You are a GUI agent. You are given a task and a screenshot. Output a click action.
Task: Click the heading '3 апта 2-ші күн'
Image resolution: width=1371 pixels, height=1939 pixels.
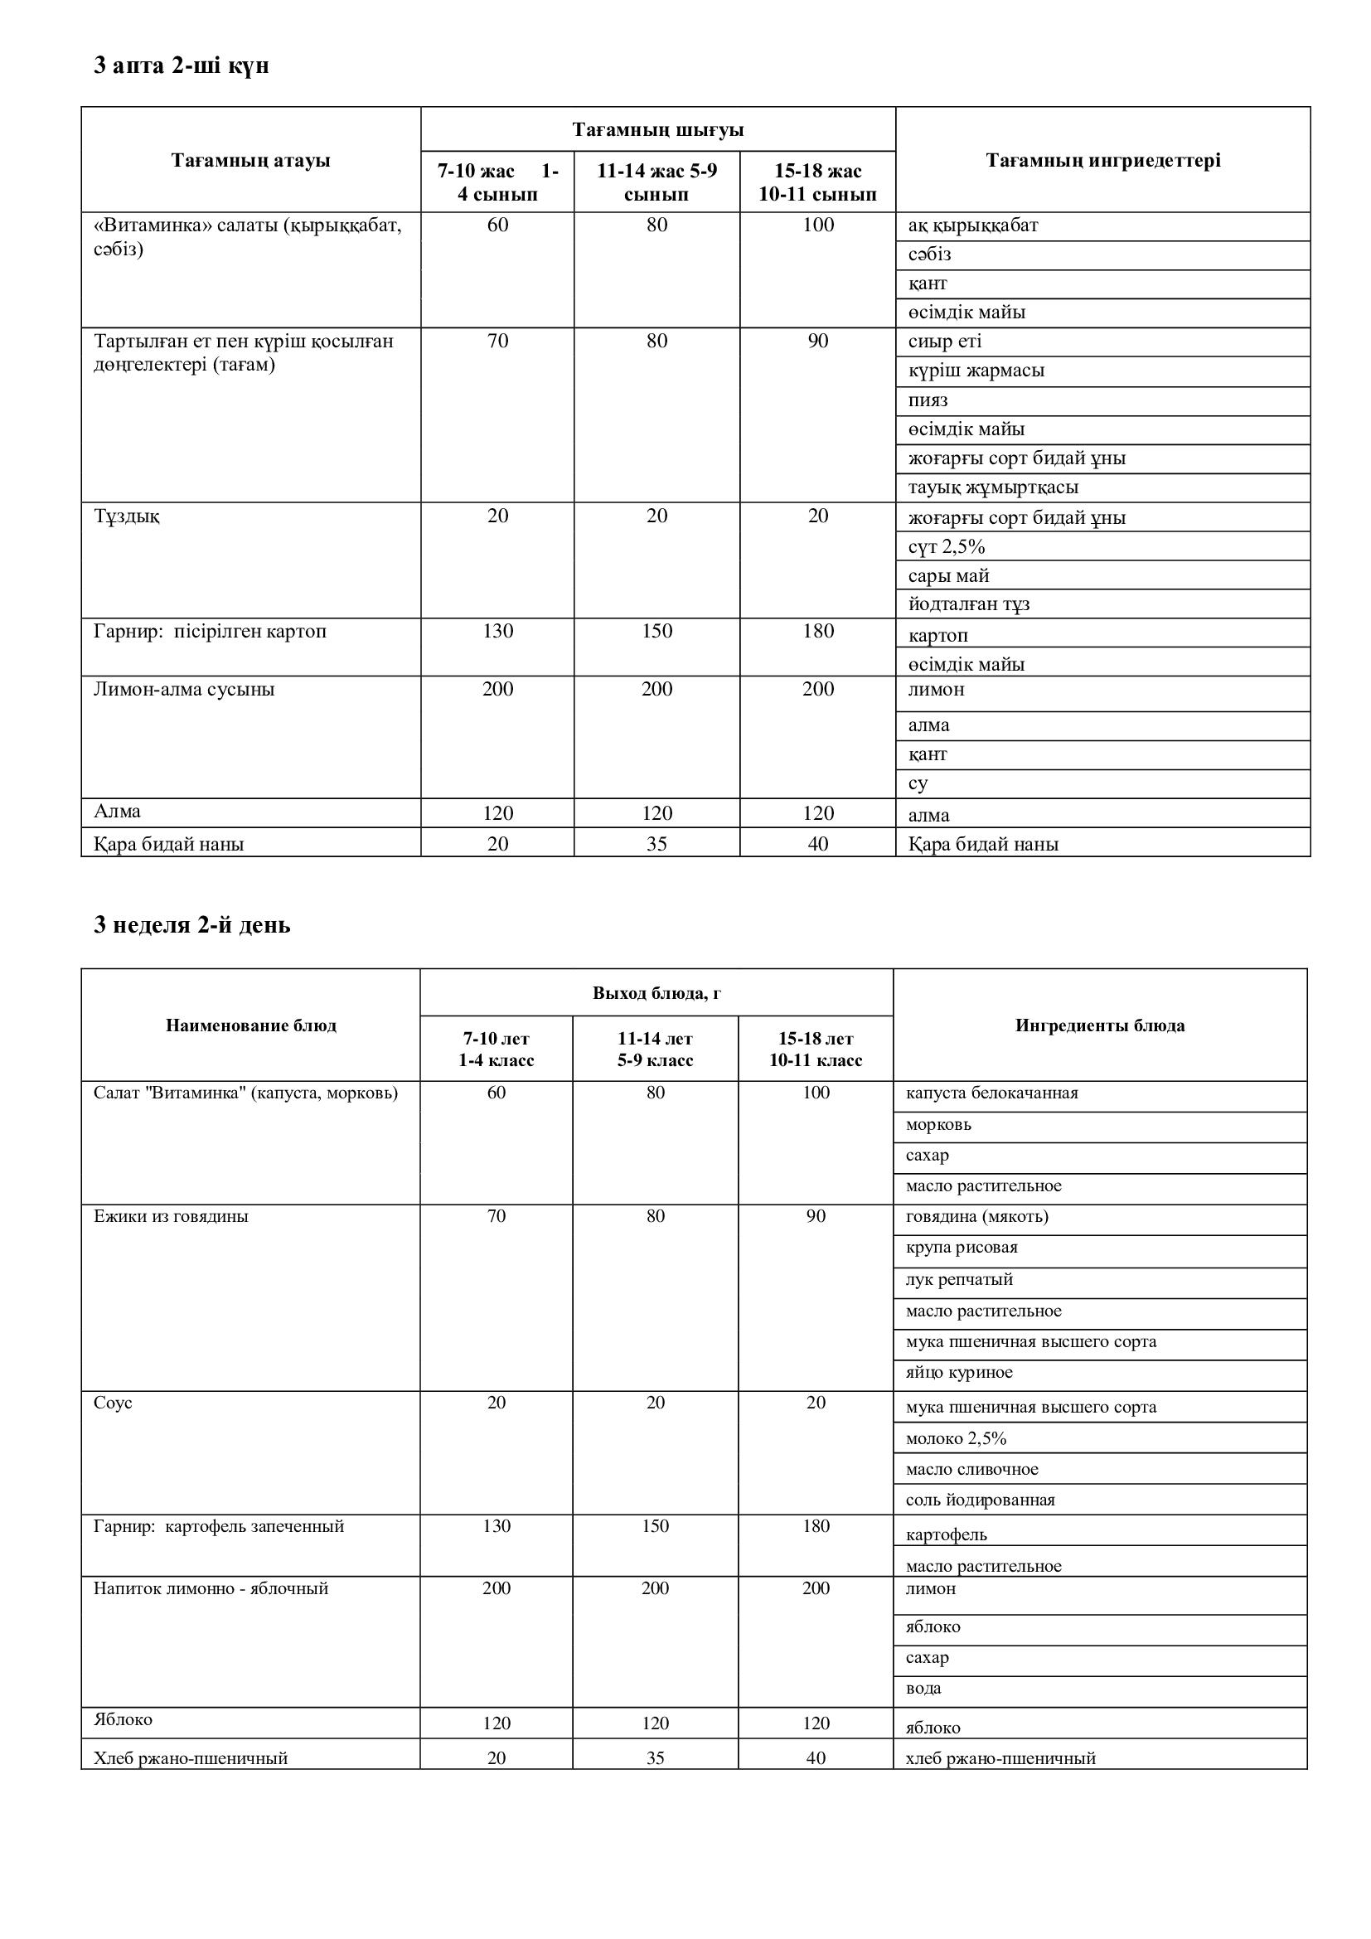[x=181, y=65]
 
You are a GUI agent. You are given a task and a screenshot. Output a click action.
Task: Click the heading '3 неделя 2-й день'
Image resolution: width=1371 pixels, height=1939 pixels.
[x=191, y=925]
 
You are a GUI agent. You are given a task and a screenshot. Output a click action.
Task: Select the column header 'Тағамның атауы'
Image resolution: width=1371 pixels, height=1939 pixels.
[x=250, y=161]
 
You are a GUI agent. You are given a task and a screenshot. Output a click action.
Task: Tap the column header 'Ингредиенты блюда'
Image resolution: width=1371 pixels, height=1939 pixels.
[x=1099, y=1025]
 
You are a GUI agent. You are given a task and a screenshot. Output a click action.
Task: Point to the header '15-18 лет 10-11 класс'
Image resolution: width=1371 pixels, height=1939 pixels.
[x=816, y=1049]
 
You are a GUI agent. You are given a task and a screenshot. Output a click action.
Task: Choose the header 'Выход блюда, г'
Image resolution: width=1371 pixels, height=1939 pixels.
[x=656, y=992]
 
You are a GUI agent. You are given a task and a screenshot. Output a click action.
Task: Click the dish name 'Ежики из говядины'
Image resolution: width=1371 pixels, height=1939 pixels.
[x=171, y=1216]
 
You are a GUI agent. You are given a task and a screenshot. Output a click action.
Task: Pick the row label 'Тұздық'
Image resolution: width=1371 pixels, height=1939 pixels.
[x=127, y=516]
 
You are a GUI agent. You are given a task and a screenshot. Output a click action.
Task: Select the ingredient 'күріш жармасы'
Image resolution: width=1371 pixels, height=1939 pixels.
[x=976, y=371]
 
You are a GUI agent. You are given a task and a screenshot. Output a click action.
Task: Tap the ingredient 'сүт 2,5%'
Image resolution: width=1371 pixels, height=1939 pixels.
[x=947, y=547]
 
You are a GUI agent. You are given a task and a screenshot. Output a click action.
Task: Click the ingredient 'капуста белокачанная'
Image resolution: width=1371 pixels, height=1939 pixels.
[x=991, y=1093]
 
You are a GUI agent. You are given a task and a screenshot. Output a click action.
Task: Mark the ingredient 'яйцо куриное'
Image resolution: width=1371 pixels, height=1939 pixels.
[x=958, y=1372]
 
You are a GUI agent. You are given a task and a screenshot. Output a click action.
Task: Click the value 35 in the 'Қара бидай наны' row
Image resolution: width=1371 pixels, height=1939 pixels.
[x=656, y=844]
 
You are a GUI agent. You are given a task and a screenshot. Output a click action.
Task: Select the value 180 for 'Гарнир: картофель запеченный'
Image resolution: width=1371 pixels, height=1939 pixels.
[x=816, y=1526]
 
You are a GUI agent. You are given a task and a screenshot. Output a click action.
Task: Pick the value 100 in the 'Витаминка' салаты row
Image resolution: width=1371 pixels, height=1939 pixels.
[x=817, y=225]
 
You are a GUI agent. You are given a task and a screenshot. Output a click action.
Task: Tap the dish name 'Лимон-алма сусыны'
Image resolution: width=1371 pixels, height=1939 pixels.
[x=183, y=689]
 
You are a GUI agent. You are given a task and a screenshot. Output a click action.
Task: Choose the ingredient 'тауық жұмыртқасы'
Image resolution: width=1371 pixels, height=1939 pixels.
[x=993, y=487]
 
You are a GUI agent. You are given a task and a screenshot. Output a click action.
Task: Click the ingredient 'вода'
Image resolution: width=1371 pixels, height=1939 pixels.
[x=923, y=1688]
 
